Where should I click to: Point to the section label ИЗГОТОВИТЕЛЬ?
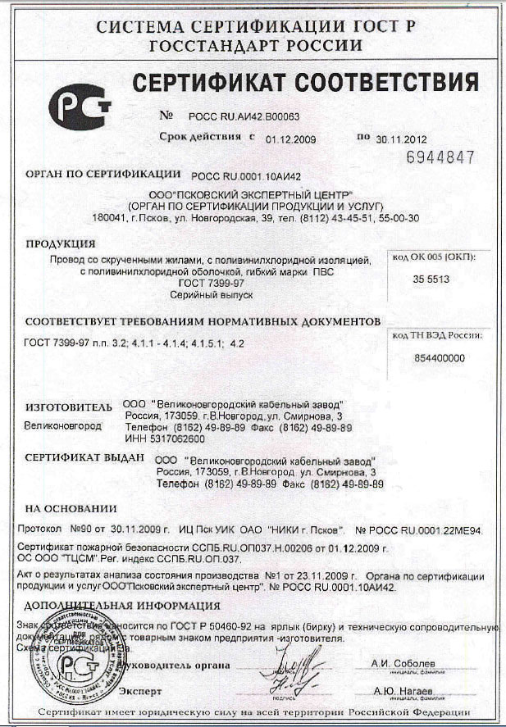point(68,406)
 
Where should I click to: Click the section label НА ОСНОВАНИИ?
point(66,508)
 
